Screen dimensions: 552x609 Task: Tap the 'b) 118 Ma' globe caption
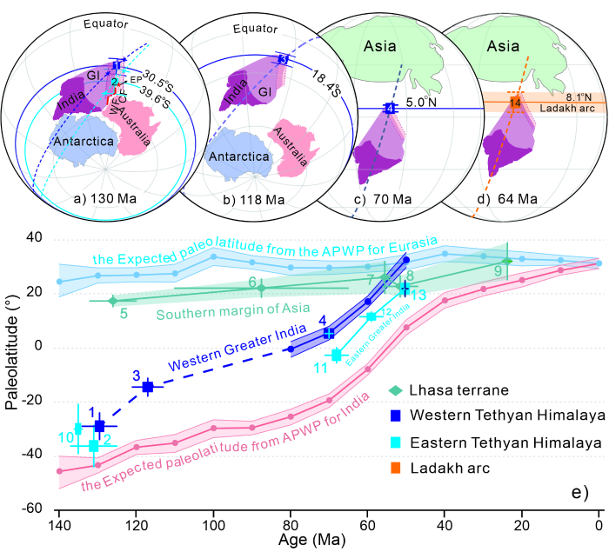(224, 198)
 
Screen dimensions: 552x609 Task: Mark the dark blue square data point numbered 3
(148, 387)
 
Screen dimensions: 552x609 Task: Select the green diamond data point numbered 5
(112, 301)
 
